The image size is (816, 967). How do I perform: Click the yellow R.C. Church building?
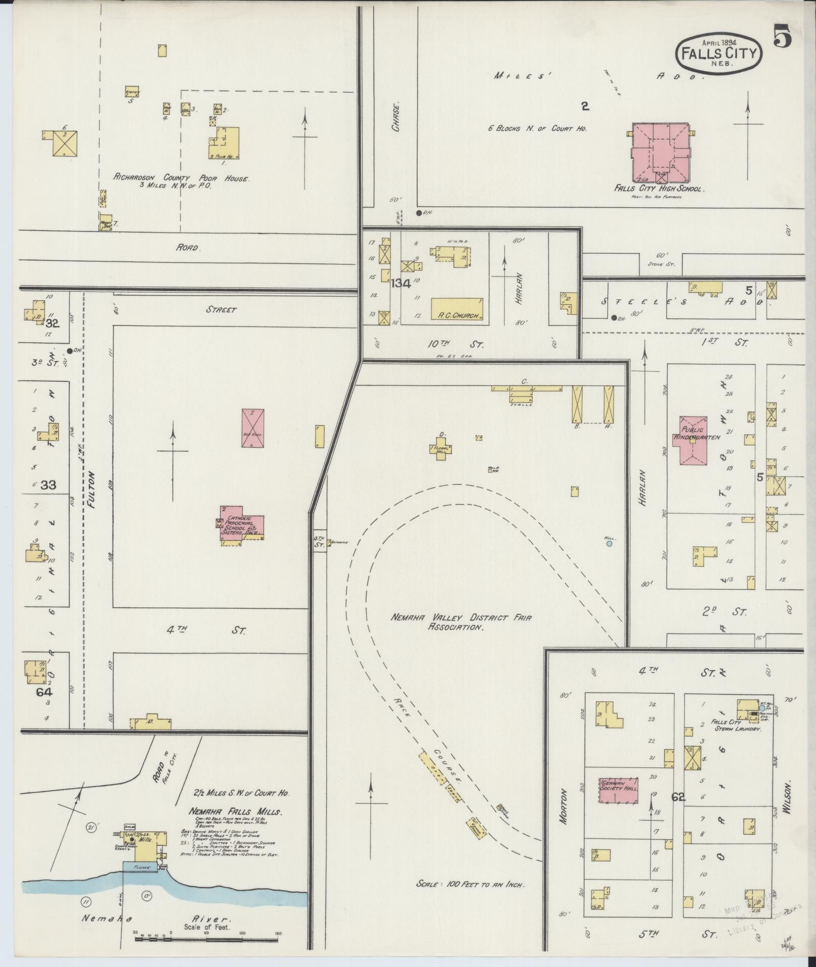coord(457,309)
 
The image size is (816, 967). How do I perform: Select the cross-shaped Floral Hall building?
coord(440,449)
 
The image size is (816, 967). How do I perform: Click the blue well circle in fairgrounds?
coord(609,544)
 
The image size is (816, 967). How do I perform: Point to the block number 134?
coord(400,284)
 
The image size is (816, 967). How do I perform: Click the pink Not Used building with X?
coord(253,428)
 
